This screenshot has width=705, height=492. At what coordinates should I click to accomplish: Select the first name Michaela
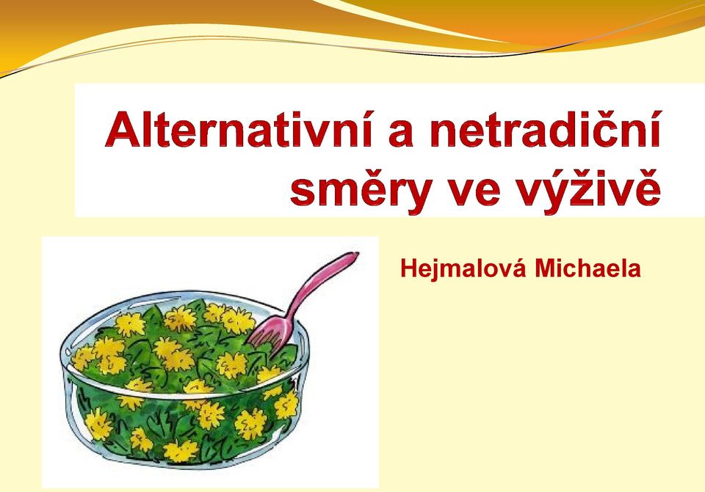click(587, 269)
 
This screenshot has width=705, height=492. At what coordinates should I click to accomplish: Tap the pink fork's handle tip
click(355, 256)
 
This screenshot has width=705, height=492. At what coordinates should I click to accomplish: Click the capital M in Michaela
click(544, 269)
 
